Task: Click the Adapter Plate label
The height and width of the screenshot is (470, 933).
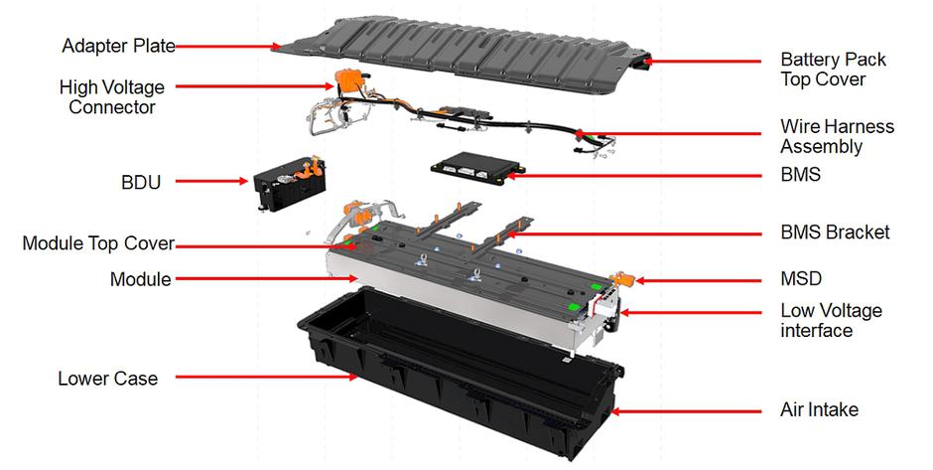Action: click(118, 46)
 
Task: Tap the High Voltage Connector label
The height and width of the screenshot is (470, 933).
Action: click(112, 97)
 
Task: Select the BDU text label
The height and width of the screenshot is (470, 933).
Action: click(141, 182)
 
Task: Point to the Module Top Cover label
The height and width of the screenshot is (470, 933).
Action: click(98, 243)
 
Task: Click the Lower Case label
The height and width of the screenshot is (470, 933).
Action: click(108, 379)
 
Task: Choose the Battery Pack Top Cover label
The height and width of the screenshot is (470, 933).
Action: click(833, 70)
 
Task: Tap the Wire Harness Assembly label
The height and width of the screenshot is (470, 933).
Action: click(837, 136)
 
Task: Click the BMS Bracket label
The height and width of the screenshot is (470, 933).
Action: click(835, 232)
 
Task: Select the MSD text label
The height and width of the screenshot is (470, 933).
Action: click(801, 278)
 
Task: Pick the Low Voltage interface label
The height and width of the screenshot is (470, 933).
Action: click(831, 321)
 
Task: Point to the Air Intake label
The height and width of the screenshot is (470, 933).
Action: click(819, 409)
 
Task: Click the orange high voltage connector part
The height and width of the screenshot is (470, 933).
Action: click(346, 80)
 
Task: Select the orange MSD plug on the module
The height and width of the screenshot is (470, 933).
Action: click(623, 278)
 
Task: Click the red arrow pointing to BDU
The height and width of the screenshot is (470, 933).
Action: click(211, 181)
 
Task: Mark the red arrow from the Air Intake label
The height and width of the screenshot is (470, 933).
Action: click(686, 411)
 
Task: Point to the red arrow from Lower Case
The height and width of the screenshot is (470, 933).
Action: click(267, 377)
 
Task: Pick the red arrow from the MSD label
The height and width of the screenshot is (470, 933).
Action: click(699, 280)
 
